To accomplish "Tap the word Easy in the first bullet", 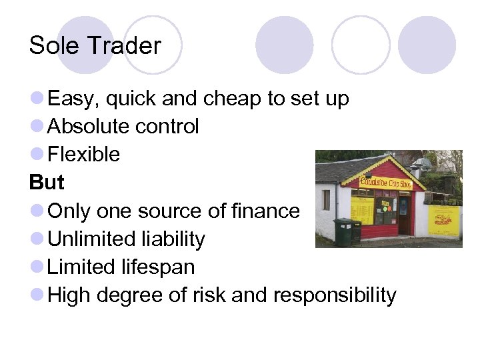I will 73,99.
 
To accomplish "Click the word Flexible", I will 84,155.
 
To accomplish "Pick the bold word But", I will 47,183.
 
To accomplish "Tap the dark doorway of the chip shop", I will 404,214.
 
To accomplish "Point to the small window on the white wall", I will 326,199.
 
